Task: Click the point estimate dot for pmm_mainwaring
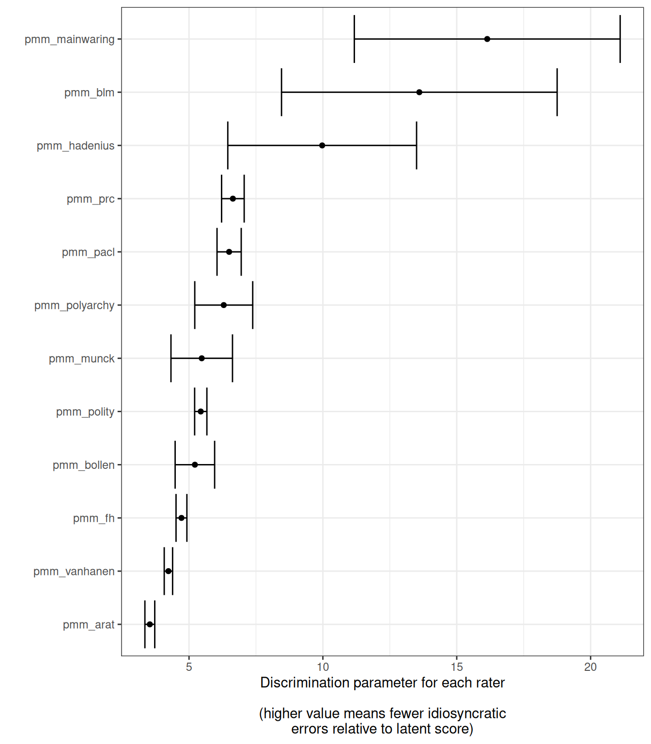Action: [487, 39]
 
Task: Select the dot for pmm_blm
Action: [419, 92]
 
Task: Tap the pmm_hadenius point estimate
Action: [322, 145]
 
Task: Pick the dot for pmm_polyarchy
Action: [223, 305]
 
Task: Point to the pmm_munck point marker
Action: [201, 358]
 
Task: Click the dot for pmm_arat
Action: [150, 624]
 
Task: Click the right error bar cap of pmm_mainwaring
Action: [620, 39]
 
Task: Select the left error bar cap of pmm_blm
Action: [281, 92]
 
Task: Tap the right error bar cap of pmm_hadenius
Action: [417, 145]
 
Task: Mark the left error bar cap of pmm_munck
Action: [171, 358]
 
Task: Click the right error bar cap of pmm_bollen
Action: [215, 465]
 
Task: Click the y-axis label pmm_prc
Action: [91, 199]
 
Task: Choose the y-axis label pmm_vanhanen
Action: [74, 572]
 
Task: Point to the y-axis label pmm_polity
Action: [85, 412]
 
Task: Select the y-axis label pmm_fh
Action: [93, 518]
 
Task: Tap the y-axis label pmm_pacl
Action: [88, 252]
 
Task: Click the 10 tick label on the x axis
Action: [323, 667]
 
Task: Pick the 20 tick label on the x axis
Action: [590, 667]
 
